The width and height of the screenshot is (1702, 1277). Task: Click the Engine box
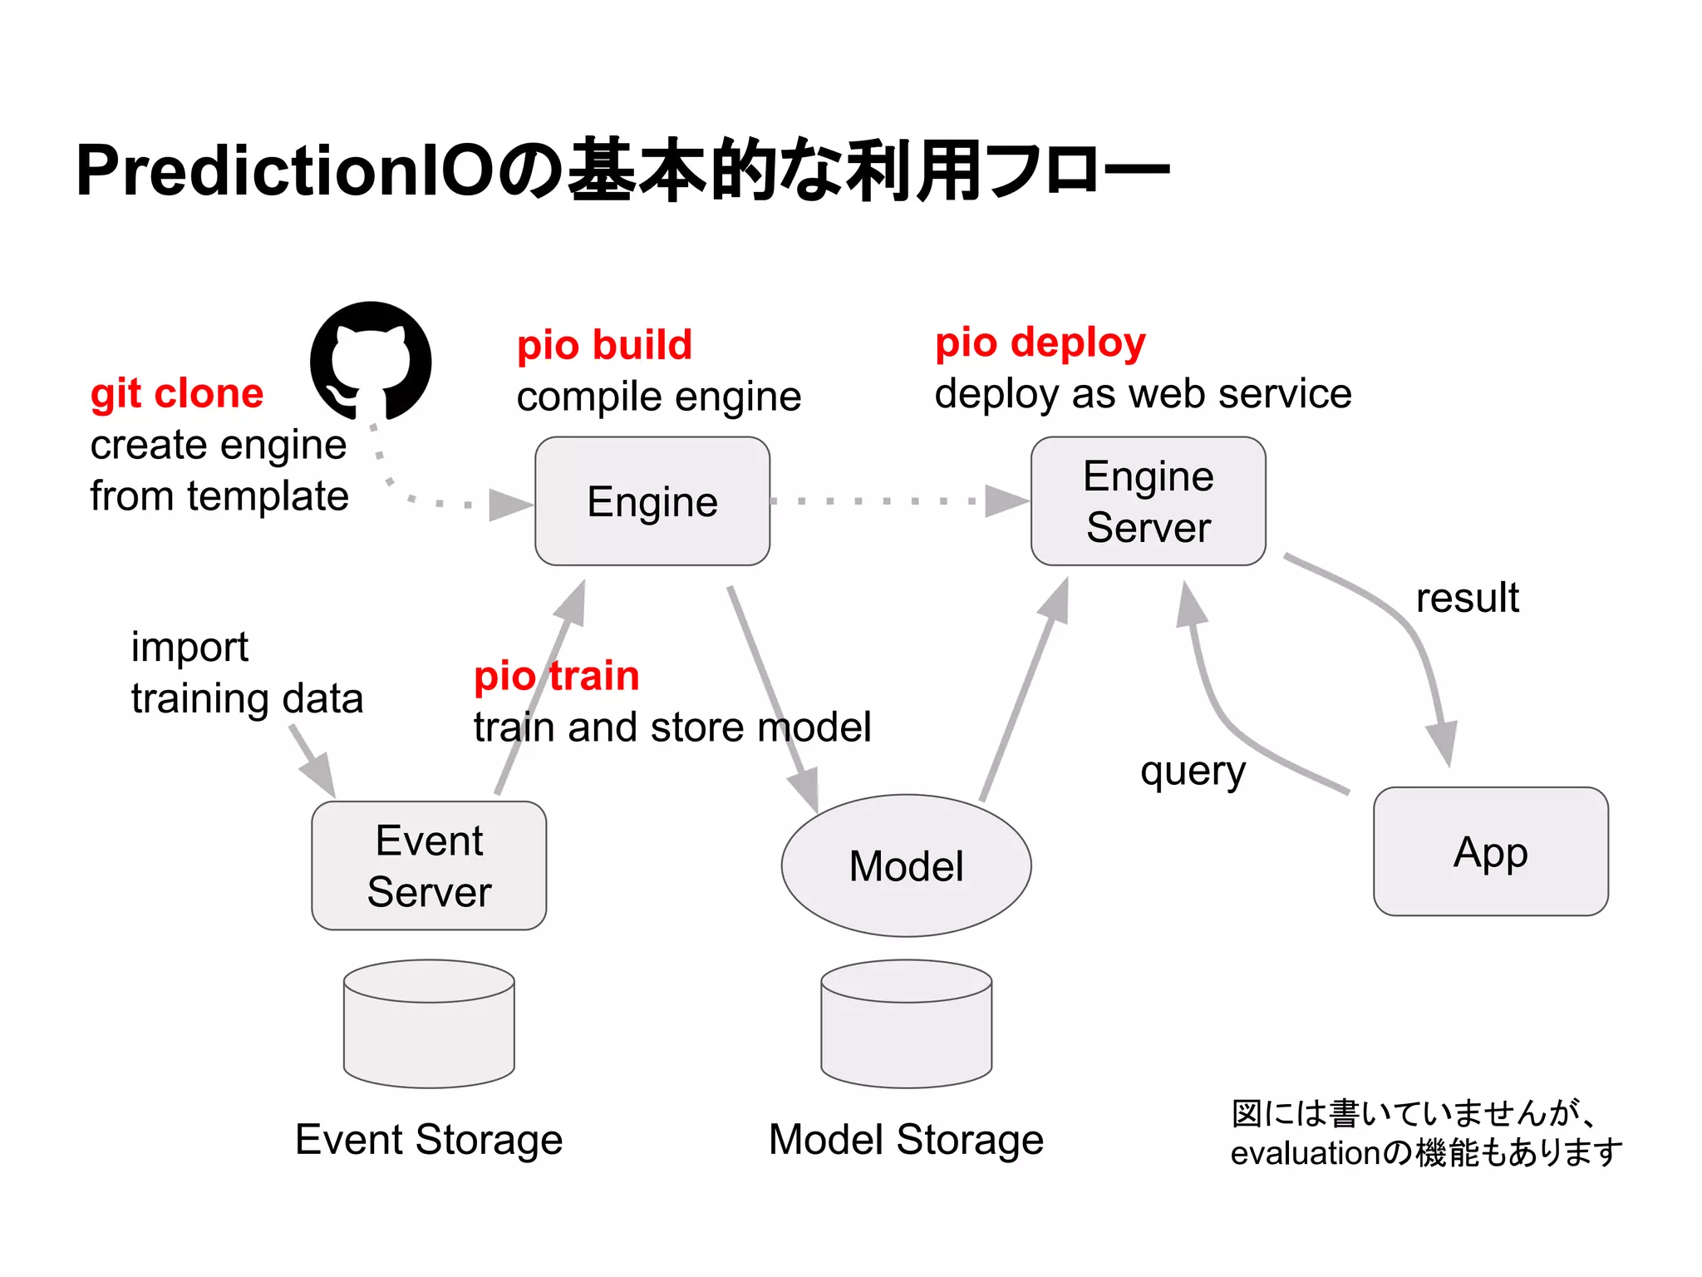(x=652, y=501)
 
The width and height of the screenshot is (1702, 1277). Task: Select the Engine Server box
(x=1148, y=501)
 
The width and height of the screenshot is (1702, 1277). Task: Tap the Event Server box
(x=429, y=865)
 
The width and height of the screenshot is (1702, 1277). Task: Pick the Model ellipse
(x=906, y=865)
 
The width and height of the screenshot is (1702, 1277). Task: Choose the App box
(x=1490, y=851)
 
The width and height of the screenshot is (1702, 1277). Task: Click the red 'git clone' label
(x=177, y=393)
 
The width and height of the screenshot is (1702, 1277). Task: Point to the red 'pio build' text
(x=604, y=345)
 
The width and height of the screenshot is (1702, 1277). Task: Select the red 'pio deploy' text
(x=1040, y=343)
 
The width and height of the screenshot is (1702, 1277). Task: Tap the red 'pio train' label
(x=556, y=675)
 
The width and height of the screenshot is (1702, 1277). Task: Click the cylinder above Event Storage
(x=429, y=1024)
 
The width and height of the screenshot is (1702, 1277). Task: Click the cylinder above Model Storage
(x=906, y=1024)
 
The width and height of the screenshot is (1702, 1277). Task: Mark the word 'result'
(x=1467, y=598)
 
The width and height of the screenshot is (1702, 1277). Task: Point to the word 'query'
(x=1193, y=772)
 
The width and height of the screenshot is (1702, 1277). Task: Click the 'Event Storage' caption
(x=429, y=1139)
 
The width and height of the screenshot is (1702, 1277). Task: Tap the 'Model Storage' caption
(x=906, y=1139)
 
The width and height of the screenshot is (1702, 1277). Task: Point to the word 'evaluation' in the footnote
(x=1305, y=1153)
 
